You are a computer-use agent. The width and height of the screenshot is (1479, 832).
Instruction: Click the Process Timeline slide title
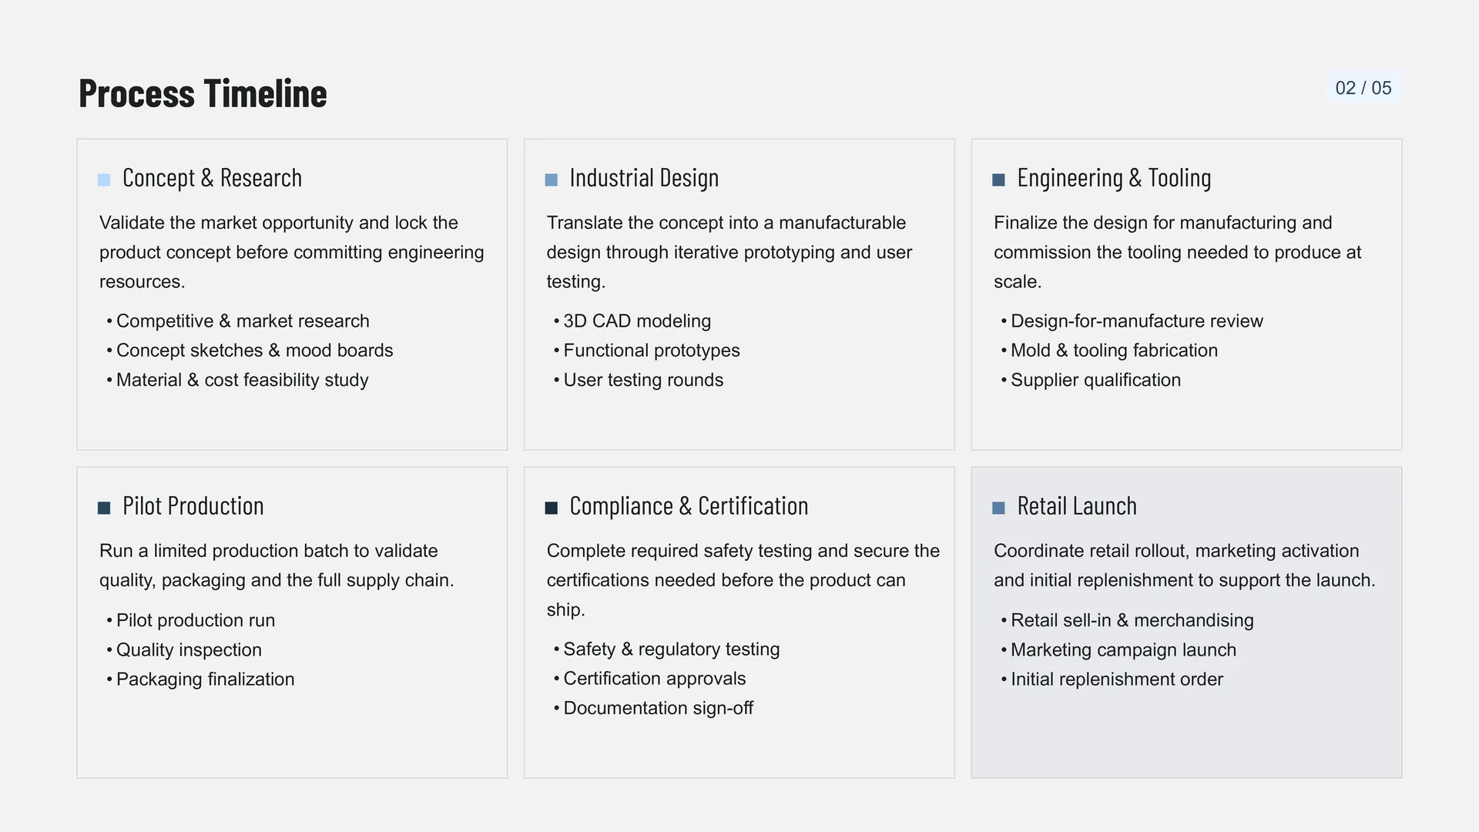tap(203, 93)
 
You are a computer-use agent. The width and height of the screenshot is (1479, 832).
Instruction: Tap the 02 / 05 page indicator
tap(1363, 88)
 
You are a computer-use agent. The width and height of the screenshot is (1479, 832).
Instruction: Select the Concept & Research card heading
tap(212, 178)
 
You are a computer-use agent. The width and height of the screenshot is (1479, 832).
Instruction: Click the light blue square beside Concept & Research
tap(104, 180)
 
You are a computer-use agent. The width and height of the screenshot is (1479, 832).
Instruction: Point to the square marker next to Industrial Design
tap(552, 180)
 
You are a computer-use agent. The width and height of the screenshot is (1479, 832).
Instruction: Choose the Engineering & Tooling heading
tap(1114, 178)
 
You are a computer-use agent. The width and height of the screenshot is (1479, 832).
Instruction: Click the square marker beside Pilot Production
tap(104, 508)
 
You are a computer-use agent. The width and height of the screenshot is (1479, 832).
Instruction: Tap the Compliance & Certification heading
tap(689, 506)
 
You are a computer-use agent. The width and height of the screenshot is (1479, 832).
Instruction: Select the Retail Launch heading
tap(1077, 506)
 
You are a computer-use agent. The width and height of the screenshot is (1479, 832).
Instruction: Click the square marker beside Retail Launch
tap(998, 508)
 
